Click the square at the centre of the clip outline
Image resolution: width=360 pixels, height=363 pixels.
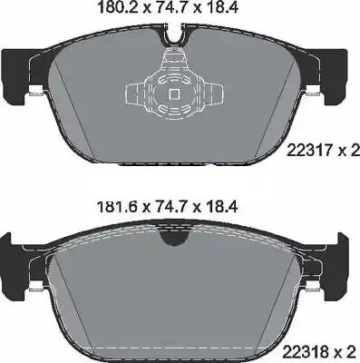pyautogui.click(x=171, y=93)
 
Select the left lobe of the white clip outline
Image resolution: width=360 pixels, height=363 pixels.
pyautogui.click(x=133, y=93)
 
